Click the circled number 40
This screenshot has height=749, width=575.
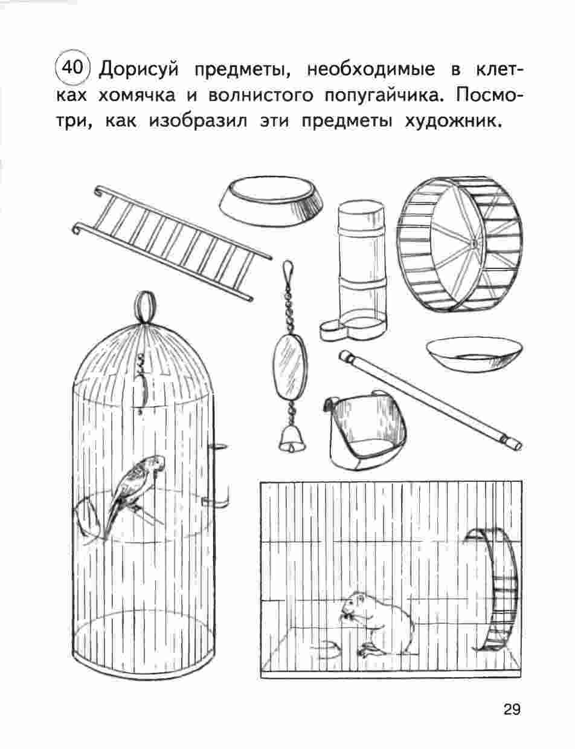(x=72, y=68)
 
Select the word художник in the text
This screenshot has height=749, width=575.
(x=452, y=122)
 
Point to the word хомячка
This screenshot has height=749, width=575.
(x=137, y=96)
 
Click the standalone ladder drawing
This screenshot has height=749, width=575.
(x=172, y=242)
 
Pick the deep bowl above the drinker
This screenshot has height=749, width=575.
(x=271, y=202)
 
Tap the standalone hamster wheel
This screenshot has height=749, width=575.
(x=460, y=244)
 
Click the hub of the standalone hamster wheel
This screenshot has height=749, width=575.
(x=474, y=244)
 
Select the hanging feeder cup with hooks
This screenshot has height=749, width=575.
(x=364, y=430)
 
